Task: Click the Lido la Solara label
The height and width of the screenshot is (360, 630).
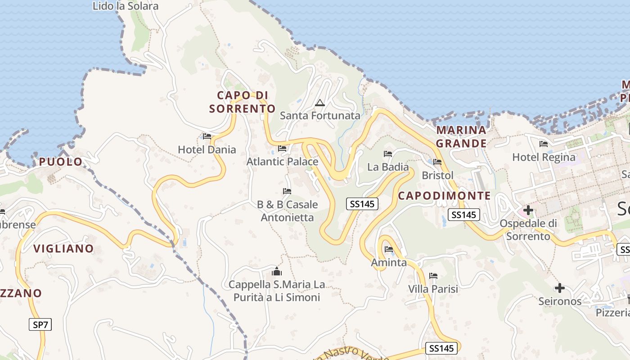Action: (x=126, y=6)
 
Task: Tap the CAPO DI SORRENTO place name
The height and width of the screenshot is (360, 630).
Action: (x=242, y=102)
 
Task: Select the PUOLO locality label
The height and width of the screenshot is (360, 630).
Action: (x=61, y=162)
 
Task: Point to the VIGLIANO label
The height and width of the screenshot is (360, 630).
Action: (x=63, y=248)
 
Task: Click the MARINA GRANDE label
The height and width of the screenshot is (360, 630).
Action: (x=462, y=137)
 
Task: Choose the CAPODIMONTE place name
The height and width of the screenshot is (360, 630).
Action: (x=444, y=196)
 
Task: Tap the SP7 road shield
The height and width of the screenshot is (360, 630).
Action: (x=40, y=324)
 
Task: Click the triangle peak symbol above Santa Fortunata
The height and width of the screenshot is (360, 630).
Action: (x=320, y=103)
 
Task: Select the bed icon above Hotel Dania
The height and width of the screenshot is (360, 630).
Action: (x=207, y=136)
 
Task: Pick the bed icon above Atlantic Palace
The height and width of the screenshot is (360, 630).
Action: (x=282, y=148)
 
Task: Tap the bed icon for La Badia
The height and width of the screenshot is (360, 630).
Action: (x=388, y=154)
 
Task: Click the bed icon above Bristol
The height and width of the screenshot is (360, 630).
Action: (x=437, y=162)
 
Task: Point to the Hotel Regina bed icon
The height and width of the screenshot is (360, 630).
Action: (x=544, y=144)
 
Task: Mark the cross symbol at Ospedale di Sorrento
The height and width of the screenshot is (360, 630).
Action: (x=528, y=210)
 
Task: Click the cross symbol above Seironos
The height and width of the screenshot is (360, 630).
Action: (x=560, y=288)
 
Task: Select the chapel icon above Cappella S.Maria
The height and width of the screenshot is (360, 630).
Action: (x=277, y=271)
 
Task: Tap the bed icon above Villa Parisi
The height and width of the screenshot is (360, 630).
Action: (x=433, y=275)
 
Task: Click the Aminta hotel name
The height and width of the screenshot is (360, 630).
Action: (x=389, y=262)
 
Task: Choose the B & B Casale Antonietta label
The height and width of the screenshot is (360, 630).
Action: (x=288, y=211)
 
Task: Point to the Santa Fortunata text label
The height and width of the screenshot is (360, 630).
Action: (x=320, y=116)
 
